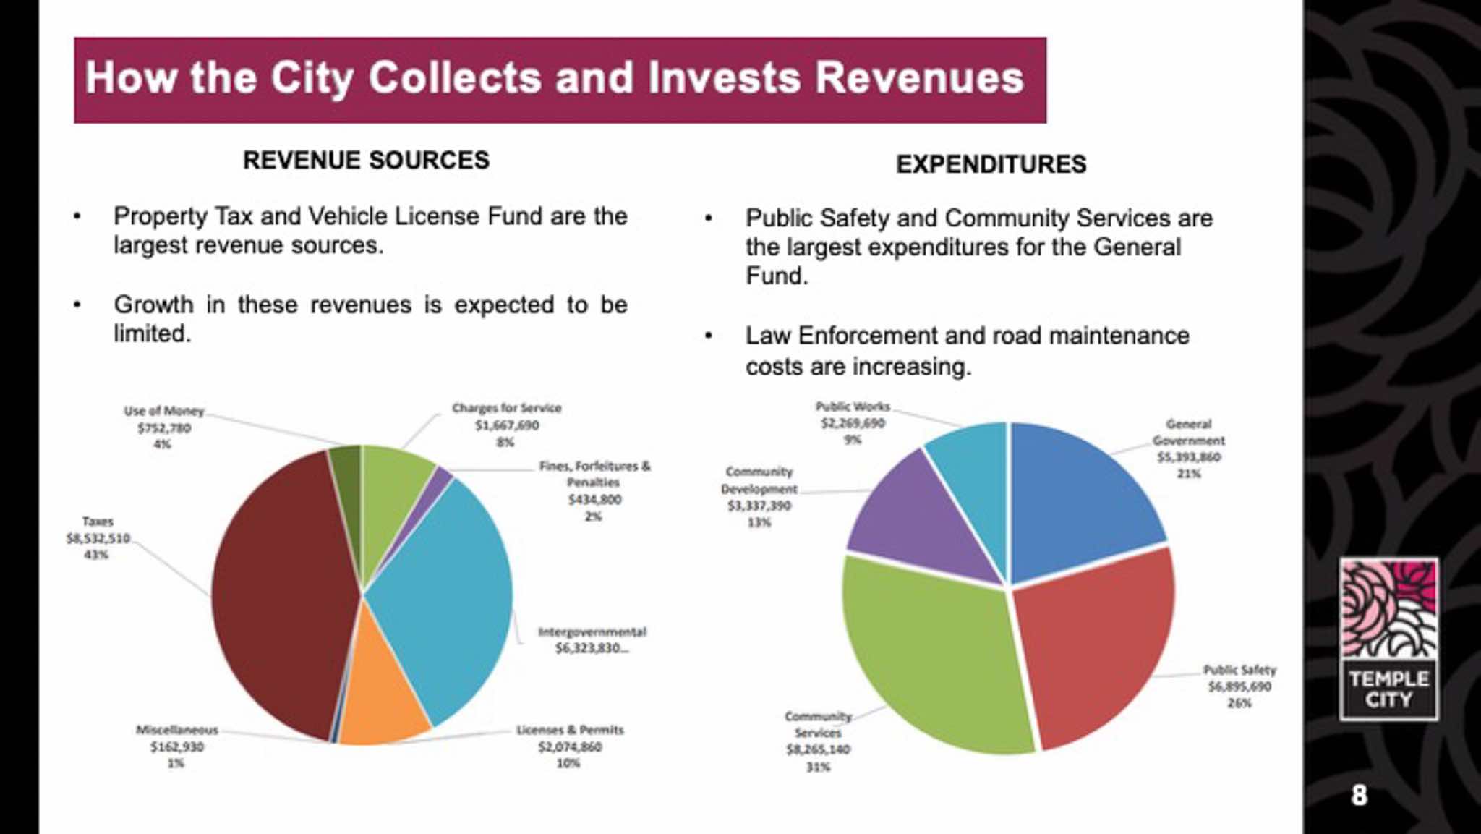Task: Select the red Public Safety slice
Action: point(1092,644)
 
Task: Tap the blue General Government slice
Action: point(1077,499)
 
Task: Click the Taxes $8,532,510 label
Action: point(98,538)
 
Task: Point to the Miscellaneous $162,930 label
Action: point(176,746)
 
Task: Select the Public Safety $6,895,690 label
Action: point(1239,686)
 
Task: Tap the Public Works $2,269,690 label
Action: point(853,423)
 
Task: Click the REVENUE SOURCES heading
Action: point(366,160)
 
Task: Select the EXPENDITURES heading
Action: point(991,164)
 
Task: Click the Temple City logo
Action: point(1388,639)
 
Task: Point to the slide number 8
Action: point(1360,796)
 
